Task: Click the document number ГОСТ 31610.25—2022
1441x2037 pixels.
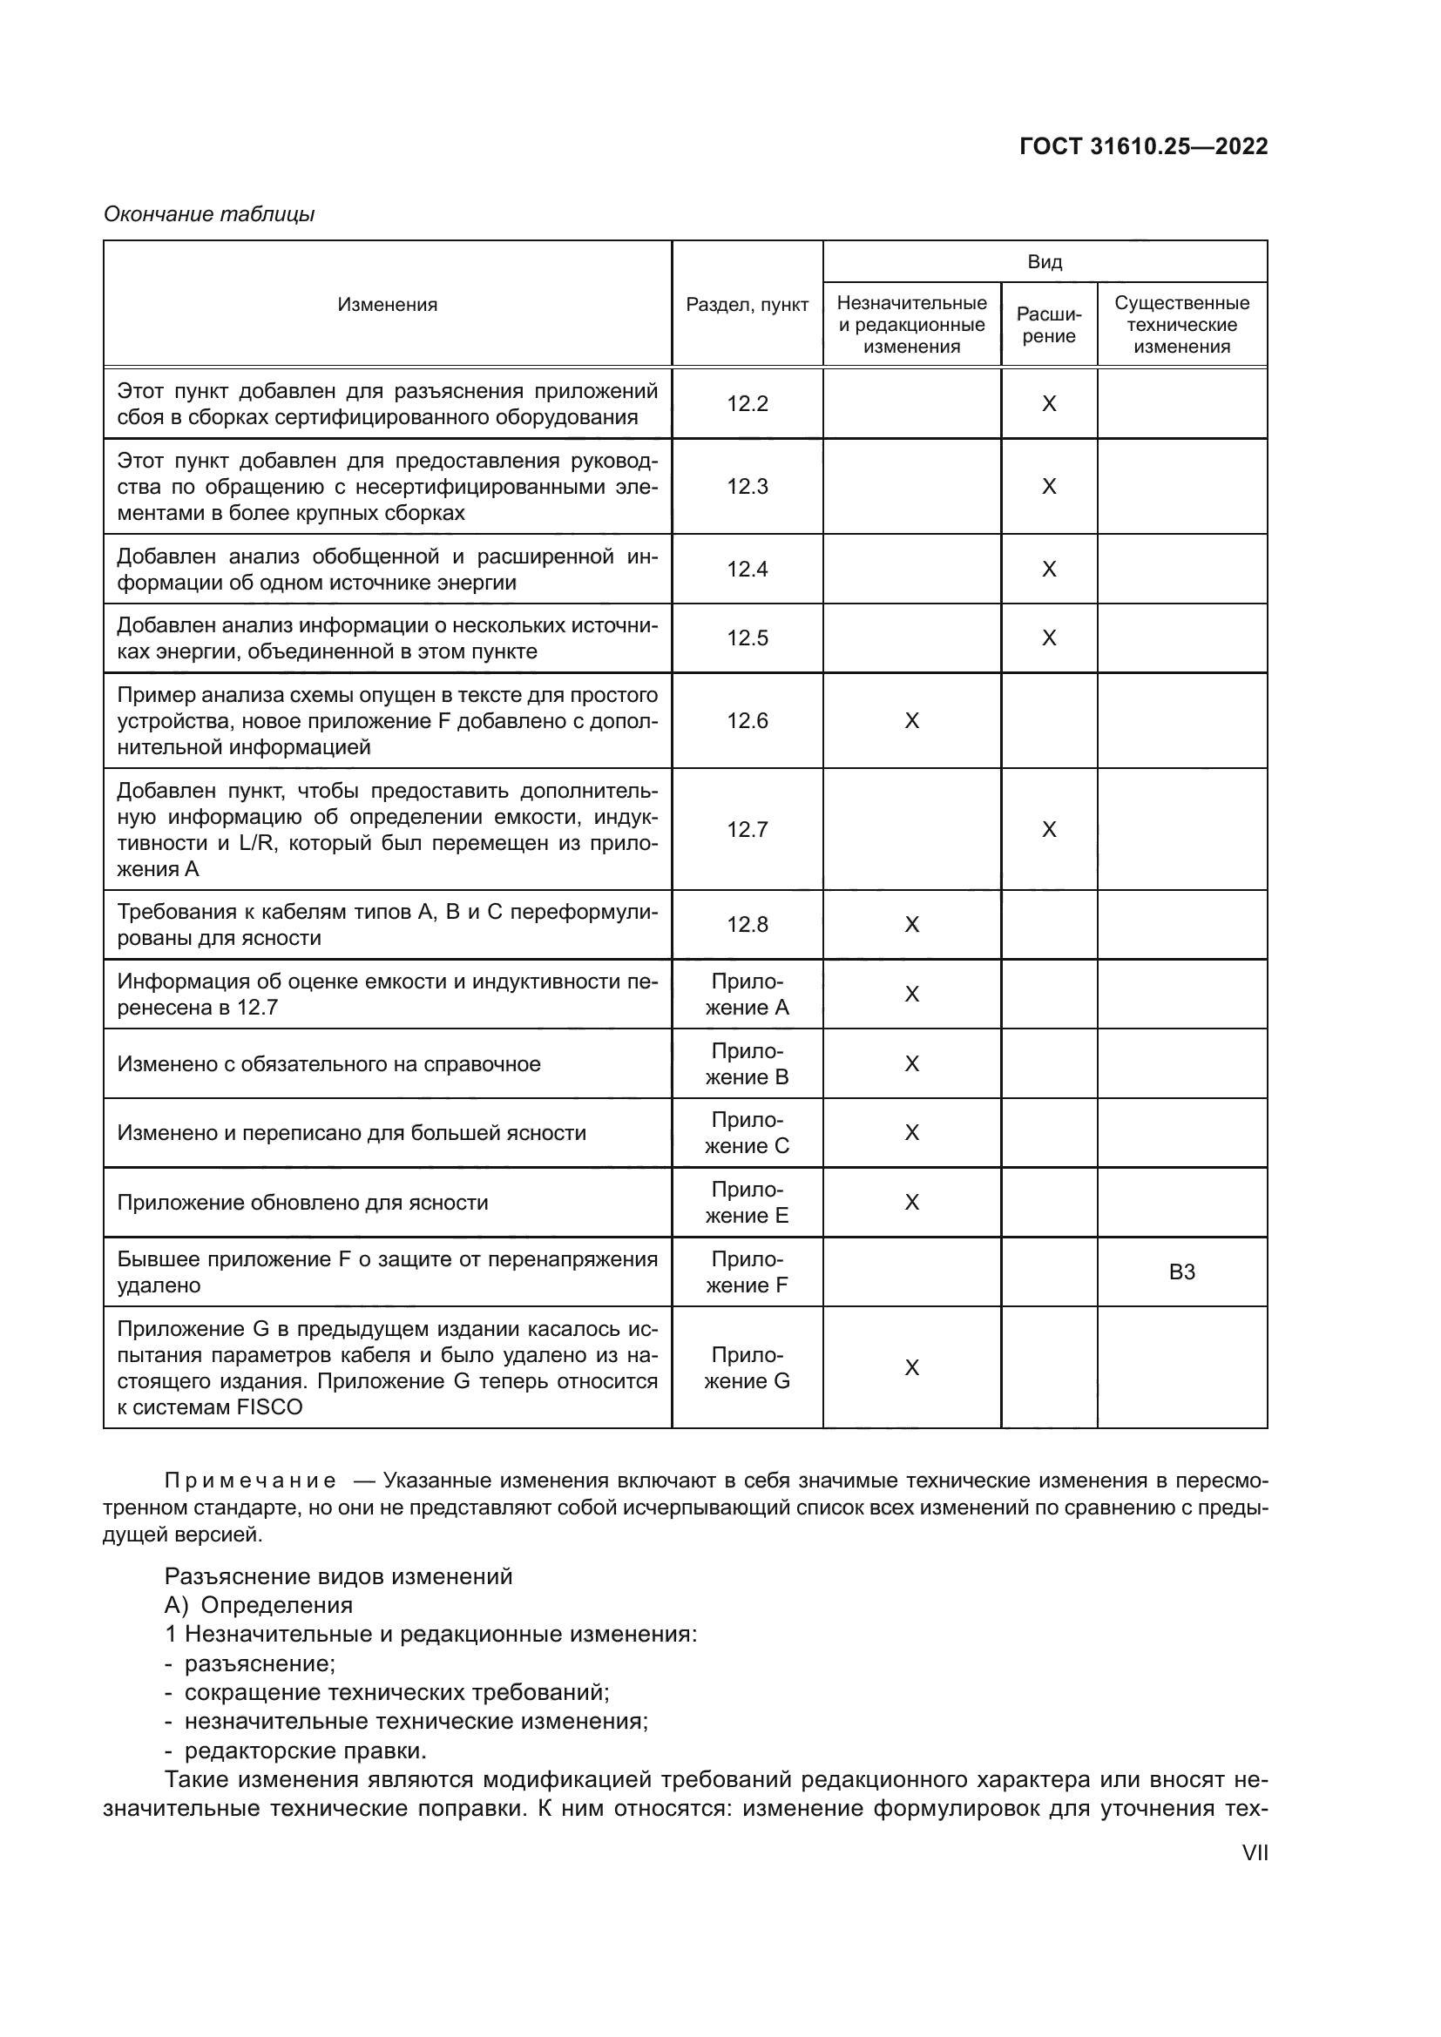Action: [x=1143, y=147]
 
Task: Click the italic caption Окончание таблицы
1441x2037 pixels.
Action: [x=209, y=215]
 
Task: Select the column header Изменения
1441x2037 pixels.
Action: [x=387, y=305]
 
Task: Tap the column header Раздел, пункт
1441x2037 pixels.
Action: [x=748, y=305]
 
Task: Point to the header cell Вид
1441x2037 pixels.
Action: [x=1045, y=262]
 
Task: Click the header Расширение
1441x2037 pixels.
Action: [x=1049, y=325]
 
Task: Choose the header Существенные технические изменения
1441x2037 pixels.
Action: [x=1181, y=325]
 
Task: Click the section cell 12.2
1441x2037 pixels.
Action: [x=748, y=404]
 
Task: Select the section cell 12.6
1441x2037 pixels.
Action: [x=748, y=720]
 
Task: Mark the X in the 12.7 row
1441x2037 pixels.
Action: [x=1049, y=830]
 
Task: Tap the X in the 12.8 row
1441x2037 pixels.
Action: [x=911, y=925]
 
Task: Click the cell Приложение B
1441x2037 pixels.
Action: [x=748, y=1063]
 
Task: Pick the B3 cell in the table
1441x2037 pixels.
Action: [x=1181, y=1272]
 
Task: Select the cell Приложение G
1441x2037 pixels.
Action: [x=748, y=1368]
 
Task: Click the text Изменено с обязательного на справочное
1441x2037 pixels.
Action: [x=328, y=1063]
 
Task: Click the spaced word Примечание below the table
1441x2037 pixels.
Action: [x=250, y=1481]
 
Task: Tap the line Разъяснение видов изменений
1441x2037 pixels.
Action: [x=338, y=1576]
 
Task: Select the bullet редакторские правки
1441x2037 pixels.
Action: [x=304, y=1750]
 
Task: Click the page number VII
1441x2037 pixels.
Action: [x=1255, y=1853]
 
